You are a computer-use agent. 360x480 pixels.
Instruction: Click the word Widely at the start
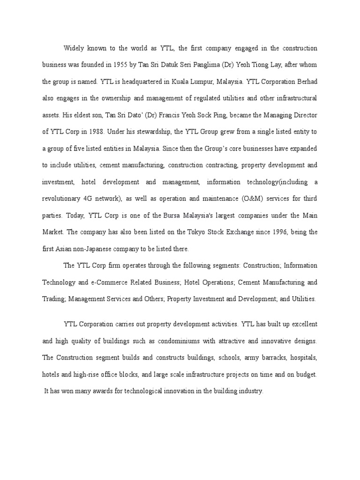click(x=74, y=48)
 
